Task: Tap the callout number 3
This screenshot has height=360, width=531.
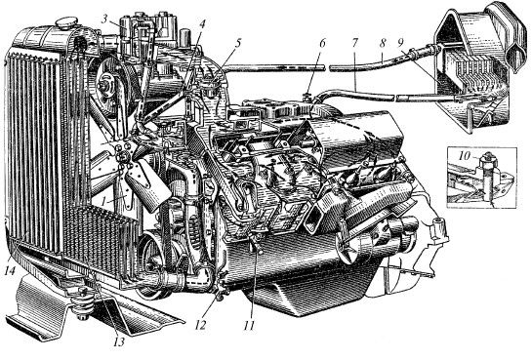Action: click(x=105, y=19)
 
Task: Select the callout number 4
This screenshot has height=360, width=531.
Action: click(x=202, y=23)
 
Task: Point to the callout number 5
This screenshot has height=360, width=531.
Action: click(x=238, y=43)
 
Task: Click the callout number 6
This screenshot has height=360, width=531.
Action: click(x=322, y=43)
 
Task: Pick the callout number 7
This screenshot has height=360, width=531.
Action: click(x=354, y=43)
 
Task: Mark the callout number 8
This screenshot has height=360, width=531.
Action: click(x=383, y=43)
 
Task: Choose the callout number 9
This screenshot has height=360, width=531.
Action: click(x=400, y=43)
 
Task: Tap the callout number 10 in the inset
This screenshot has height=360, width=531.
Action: click(x=465, y=156)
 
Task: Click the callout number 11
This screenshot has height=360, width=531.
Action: click(x=249, y=325)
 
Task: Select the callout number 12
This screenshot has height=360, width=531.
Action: click(x=200, y=325)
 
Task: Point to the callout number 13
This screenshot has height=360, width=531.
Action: click(x=118, y=341)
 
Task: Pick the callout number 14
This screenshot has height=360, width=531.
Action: click(x=10, y=270)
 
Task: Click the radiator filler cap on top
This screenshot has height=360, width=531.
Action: click(x=66, y=23)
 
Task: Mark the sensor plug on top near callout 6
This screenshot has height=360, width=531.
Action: click(x=307, y=95)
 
